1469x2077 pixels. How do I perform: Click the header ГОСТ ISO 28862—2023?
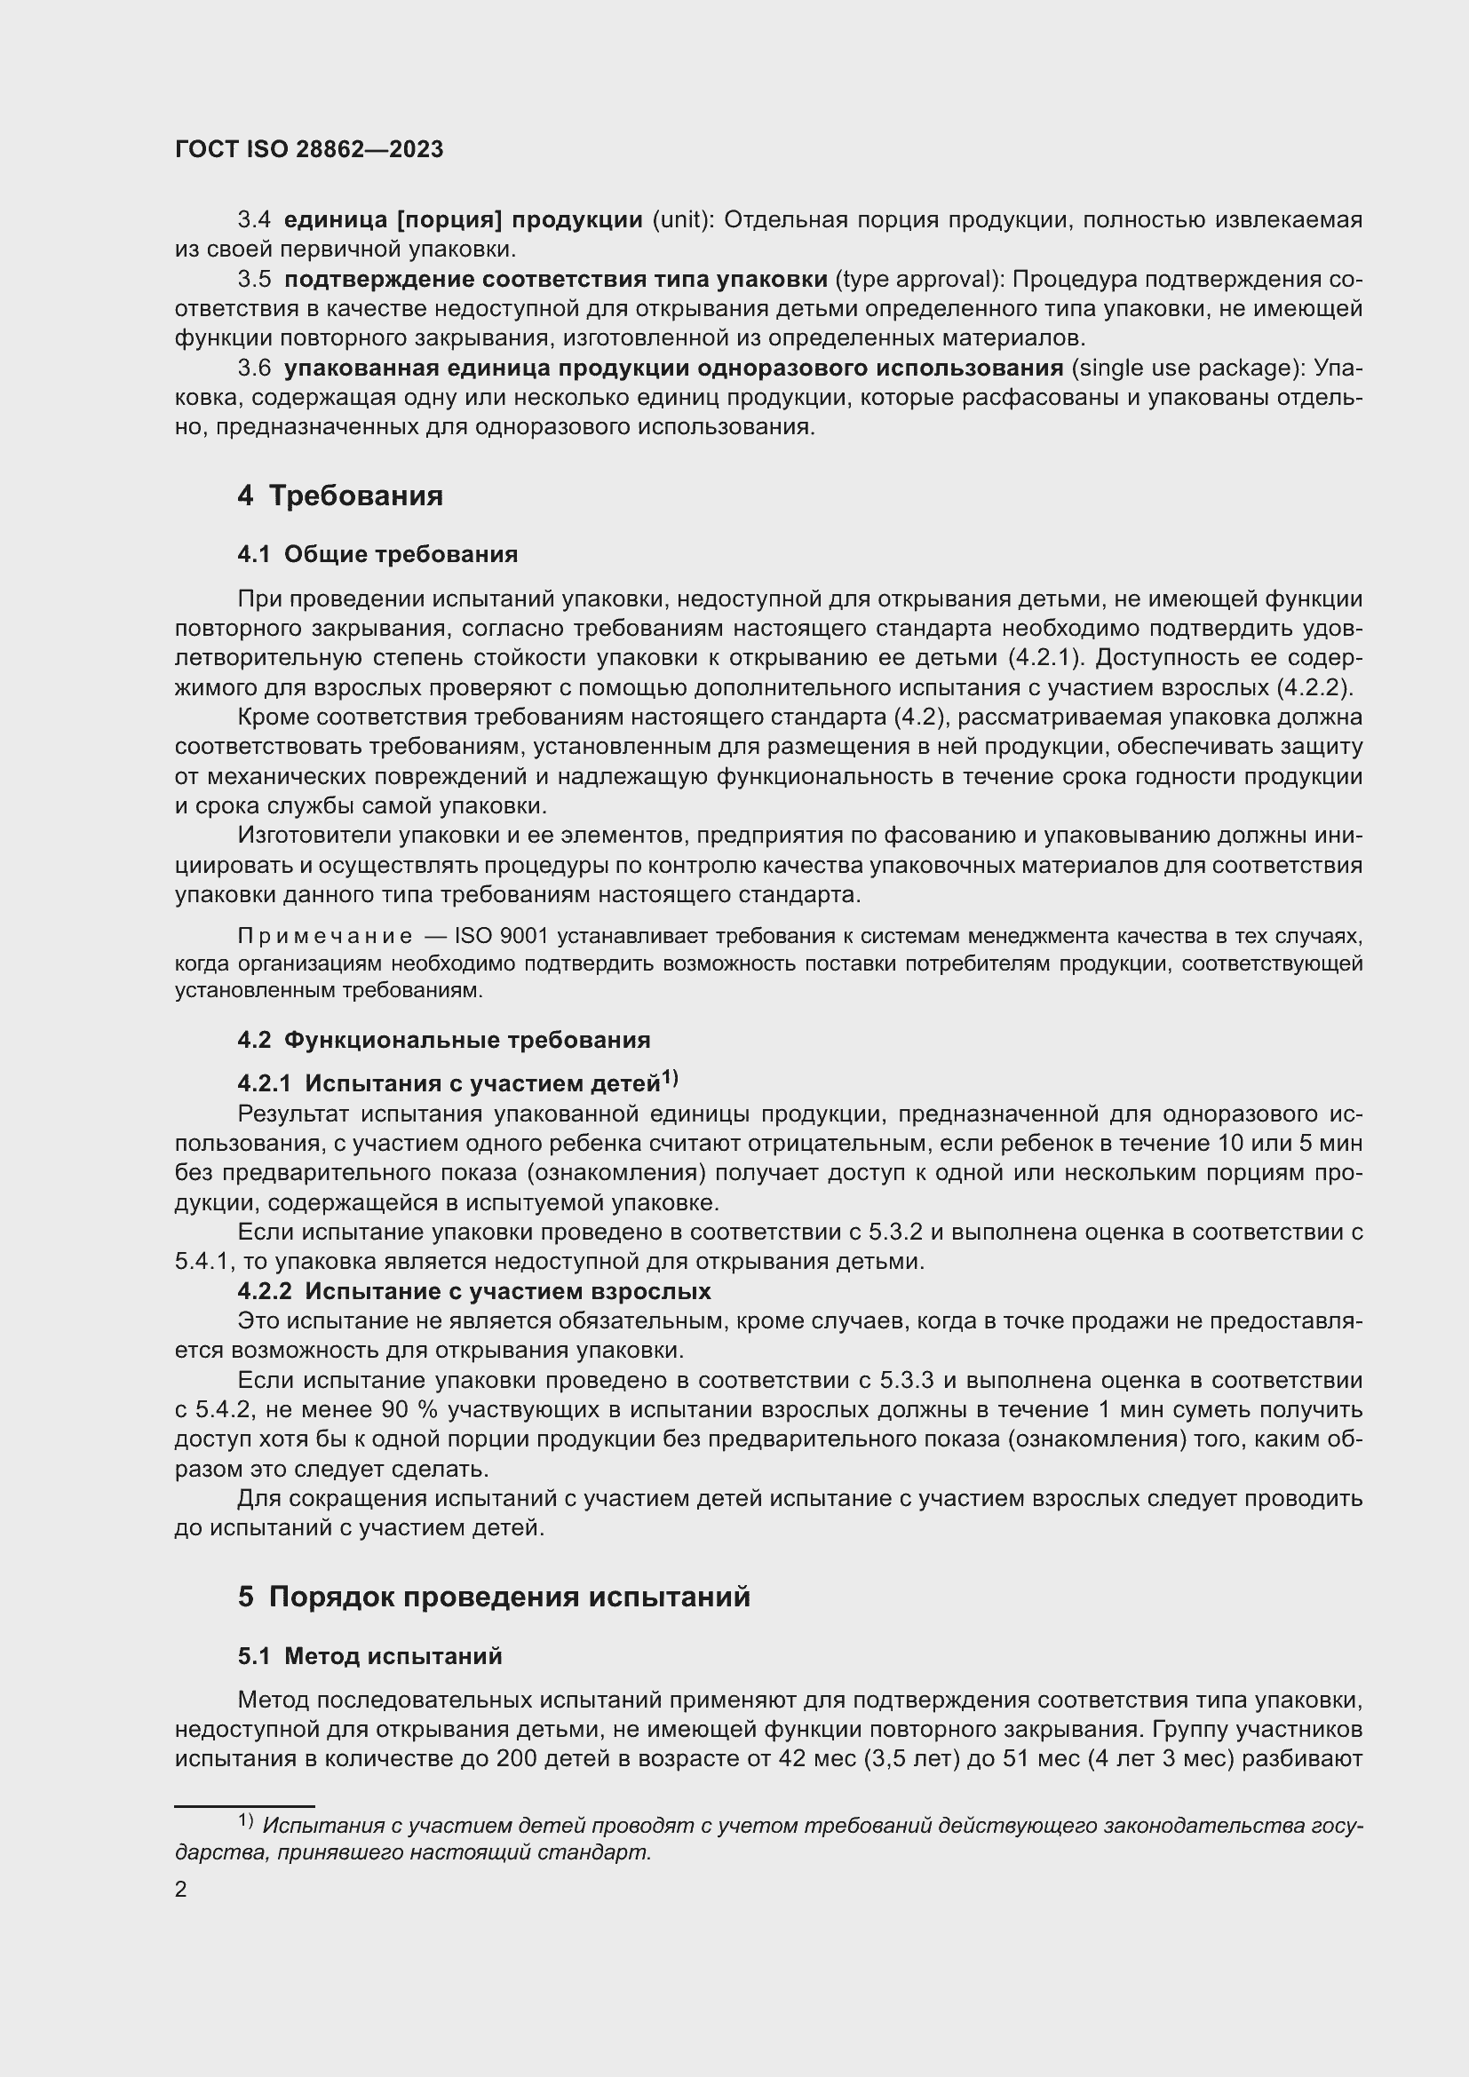308,149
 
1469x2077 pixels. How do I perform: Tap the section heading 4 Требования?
340,495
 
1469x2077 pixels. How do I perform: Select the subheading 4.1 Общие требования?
377,554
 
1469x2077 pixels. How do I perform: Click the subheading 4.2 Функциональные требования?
443,1041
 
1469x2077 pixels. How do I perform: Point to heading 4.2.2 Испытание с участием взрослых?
474,1291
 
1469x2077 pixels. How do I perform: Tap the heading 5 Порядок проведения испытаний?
494,1597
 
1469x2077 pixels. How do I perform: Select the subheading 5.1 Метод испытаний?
370,1656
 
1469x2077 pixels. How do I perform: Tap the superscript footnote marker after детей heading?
670,1078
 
